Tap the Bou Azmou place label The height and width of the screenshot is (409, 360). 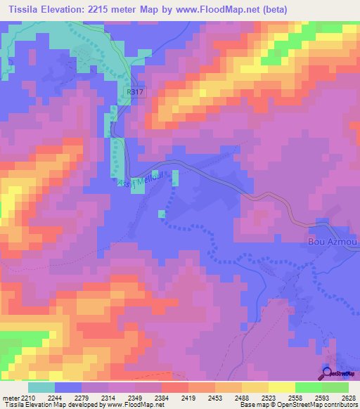pyautogui.click(x=333, y=242)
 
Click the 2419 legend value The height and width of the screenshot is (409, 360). pyautogui.click(x=188, y=397)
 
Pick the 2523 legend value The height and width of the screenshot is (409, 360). pyautogui.click(x=267, y=397)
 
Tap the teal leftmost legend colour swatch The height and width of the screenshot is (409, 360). pyautogui.click(x=41, y=387)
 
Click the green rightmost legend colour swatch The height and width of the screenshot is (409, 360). pyautogui.click(x=335, y=387)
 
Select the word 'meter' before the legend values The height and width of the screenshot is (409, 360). pyautogui.click(x=11, y=397)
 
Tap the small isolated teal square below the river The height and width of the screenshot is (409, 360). pyautogui.click(x=162, y=214)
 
